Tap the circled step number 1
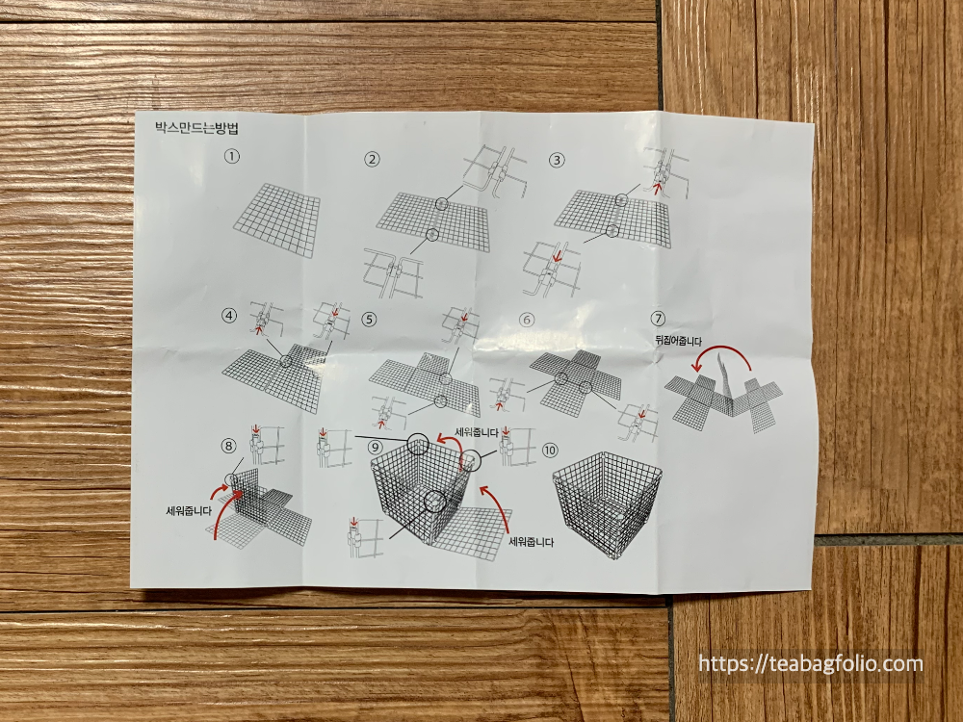tap(231, 157)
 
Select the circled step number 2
tap(372, 160)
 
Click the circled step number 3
tap(557, 160)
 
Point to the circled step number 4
tap(230, 316)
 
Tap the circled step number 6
tap(527, 320)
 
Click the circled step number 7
tap(658, 319)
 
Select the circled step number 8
tap(228, 446)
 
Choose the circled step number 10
tap(549, 450)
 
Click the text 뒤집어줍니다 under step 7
tap(678, 341)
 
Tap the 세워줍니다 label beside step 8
tap(189, 509)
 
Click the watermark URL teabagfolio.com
tap(811, 663)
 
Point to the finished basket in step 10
tap(607, 513)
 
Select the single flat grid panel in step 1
tap(277, 219)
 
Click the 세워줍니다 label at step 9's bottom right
tap(532, 542)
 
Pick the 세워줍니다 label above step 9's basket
tap(476, 433)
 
